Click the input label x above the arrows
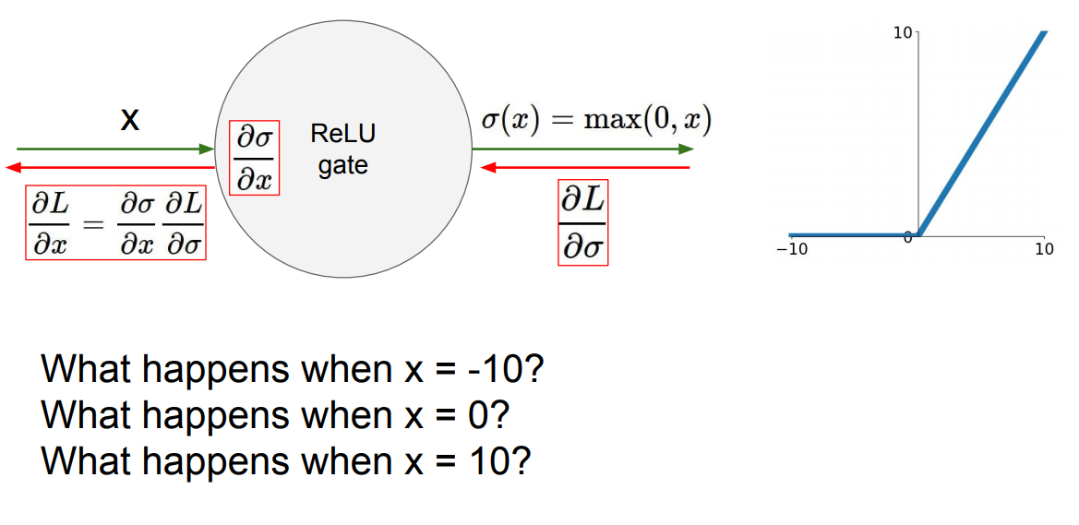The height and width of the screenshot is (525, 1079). point(130,120)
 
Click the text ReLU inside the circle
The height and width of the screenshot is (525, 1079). point(343,134)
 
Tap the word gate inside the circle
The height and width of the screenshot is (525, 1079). point(343,165)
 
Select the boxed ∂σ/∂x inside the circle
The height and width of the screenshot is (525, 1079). point(254,158)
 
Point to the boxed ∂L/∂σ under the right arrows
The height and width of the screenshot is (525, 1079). point(583,222)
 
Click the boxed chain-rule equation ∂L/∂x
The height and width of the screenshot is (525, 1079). point(115,224)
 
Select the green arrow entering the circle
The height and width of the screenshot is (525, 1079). point(115,149)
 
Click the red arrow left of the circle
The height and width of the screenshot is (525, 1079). point(111,168)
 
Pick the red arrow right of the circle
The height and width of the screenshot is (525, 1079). point(586,168)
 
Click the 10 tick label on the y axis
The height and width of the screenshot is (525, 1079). point(902,33)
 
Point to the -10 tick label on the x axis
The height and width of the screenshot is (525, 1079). point(791,250)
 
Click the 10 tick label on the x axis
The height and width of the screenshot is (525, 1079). point(1043,250)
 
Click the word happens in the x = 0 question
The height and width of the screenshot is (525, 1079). point(215,415)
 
